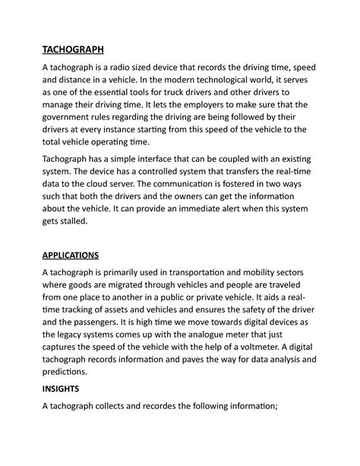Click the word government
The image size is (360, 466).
(x=70, y=130)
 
